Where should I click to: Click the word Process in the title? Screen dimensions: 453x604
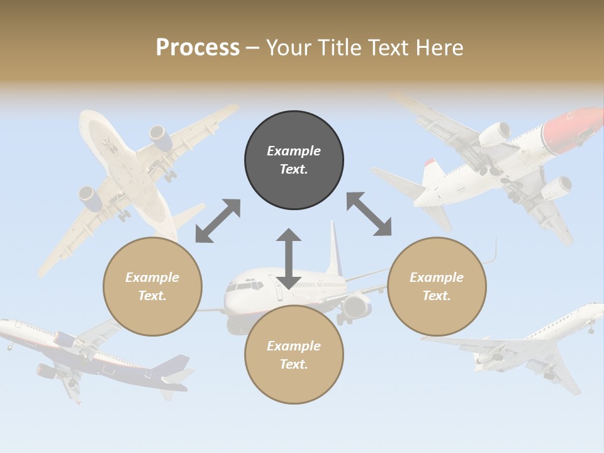pos(198,47)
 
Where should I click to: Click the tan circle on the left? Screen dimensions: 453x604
pos(152,286)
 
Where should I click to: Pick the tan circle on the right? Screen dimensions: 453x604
pos(437,286)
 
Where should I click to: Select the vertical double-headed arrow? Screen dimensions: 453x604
pos(289,259)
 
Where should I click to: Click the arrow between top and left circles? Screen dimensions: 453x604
pos(218,221)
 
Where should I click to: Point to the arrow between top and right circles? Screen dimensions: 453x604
pos(369,214)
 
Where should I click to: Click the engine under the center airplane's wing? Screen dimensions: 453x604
pos(355,306)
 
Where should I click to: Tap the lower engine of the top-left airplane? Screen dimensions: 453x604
pos(92,199)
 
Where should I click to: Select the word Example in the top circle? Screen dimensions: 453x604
pos(294,151)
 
